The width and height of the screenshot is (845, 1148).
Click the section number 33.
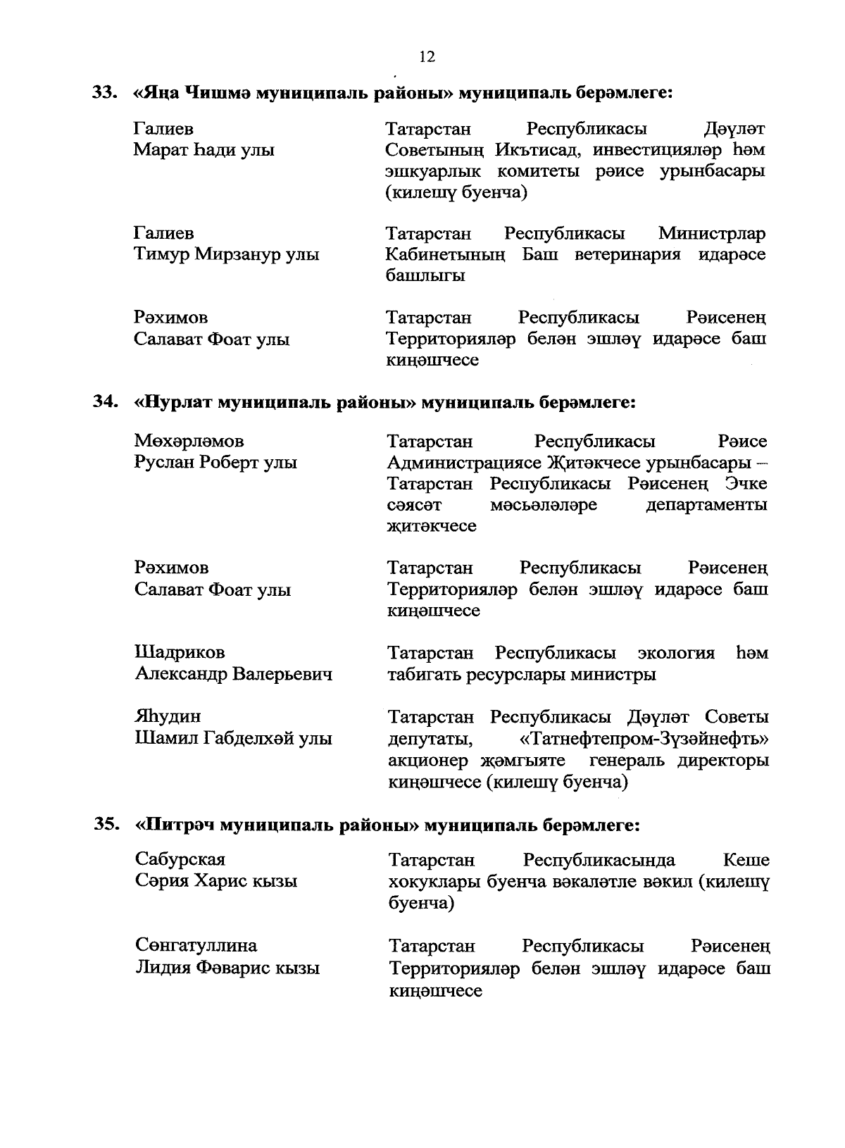[x=105, y=92]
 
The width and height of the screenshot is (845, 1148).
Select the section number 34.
[x=105, y=402]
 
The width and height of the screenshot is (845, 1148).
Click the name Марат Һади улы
[x=204, y=151]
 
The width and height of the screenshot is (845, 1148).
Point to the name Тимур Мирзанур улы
[x=226, y=255]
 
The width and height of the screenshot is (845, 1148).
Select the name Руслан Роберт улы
[x=215, y=463]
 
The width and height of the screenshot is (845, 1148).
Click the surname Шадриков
[x=180, y=653]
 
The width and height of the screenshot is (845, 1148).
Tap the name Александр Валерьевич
[x=233, y=675]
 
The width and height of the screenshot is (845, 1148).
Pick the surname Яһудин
[x=168, y=717]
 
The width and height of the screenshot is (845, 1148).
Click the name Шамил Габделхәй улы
[x=233, y=739]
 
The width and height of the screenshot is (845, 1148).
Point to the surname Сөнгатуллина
[x=196, y=946]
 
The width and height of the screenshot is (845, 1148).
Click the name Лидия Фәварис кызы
[x=227, y=968]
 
